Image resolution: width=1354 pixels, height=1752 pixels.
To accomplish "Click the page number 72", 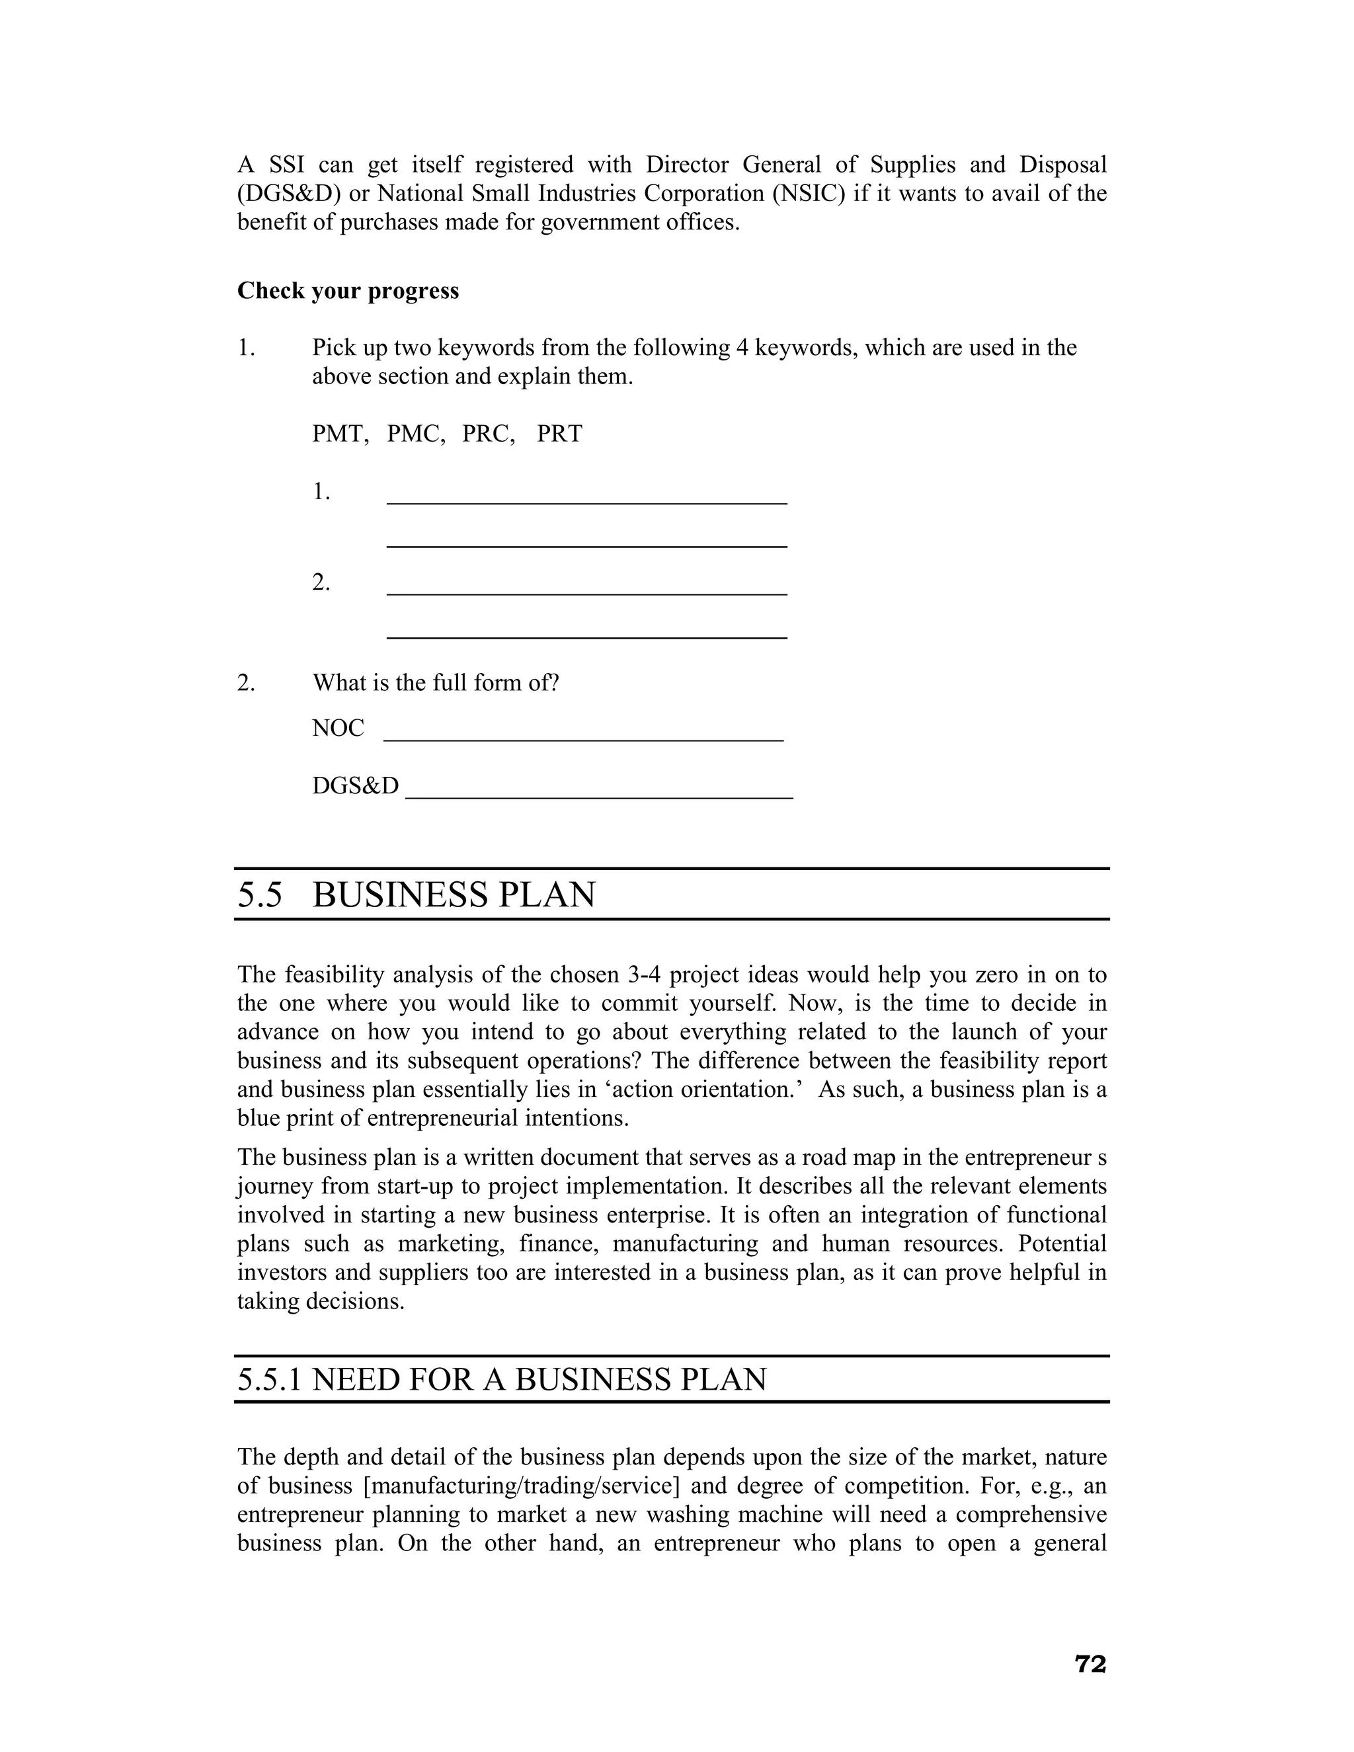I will coord(1090,1664).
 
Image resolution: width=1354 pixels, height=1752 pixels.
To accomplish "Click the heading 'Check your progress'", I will coord(348,290).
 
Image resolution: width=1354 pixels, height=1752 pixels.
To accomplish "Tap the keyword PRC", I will coord(488,434).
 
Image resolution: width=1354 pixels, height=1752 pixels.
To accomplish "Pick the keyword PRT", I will coord(559,434).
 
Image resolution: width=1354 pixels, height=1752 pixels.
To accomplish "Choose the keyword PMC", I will coord(415,434).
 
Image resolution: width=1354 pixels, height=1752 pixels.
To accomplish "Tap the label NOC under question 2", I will coord(338,729).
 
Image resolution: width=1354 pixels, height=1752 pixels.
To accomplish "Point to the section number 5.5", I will coord(260,895).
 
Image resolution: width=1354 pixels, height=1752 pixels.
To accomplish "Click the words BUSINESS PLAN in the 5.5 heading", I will coord(454,895).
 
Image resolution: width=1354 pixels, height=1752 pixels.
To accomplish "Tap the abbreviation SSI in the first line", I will coord(286,165).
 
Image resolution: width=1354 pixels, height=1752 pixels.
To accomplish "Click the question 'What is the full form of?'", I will coord(435,683).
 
